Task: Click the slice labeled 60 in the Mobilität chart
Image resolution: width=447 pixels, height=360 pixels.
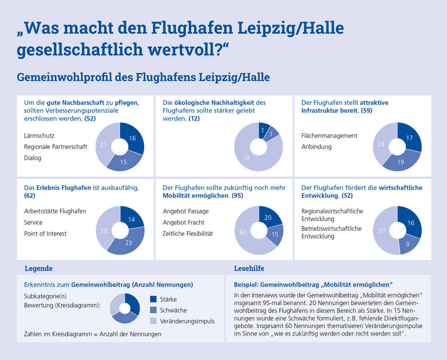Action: pyautogui.click(x=243, y=232)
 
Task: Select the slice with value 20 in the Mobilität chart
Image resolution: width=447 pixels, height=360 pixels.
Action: pyautogui.click(x=268, y=217)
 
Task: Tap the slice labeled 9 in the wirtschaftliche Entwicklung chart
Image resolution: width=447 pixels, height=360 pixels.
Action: pyautogui.click(x=408, y=244)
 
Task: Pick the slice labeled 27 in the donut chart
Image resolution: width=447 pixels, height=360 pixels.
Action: pyautogui.click(x=382, y=231)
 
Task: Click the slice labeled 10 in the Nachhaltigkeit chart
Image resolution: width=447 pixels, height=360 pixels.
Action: pyautogui.click(x=246, y=157)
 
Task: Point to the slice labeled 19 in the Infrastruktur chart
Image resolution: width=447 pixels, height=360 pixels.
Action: pyautogui.click(x=401, y=162)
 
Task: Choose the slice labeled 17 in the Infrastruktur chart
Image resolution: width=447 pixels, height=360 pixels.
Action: pyautogui.click(x=410, y=138)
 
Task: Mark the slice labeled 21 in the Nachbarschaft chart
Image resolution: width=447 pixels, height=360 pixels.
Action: pyautogui.click(x=103, y=145)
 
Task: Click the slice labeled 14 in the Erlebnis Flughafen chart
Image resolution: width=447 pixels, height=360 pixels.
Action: pyautogui.click(x=131, y=219)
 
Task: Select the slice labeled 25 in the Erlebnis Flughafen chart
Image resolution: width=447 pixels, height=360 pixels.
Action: pyautogui.click(x=104, y=230)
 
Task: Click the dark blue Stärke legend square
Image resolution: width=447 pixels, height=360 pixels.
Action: pyautogui.click(x=154, y=299)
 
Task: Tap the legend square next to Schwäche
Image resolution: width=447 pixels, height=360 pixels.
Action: pyautogui.click(x=154, y=310)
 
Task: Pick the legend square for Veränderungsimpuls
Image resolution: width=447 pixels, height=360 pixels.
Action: pyautogui.click(x=154, y=321)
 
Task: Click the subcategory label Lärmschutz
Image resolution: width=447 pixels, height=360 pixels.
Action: pyautogui.click(x=39, y=136)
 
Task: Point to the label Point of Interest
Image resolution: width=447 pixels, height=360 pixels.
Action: pyautogui.click(x=45, y=234)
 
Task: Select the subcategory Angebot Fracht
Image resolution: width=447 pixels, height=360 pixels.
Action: pyautogui.click(x=184, y=222)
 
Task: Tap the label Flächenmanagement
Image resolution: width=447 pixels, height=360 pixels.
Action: pyautogui.click(x=329, y=136)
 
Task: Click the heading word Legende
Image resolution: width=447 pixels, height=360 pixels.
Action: pyautogui.click(x=38, y=269)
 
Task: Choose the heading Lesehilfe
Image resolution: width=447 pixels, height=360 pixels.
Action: pyautogui.click(x=249, y=269)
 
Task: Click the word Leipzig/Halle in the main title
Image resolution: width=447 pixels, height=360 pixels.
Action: pyautogui.click(x=290, y=28)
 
